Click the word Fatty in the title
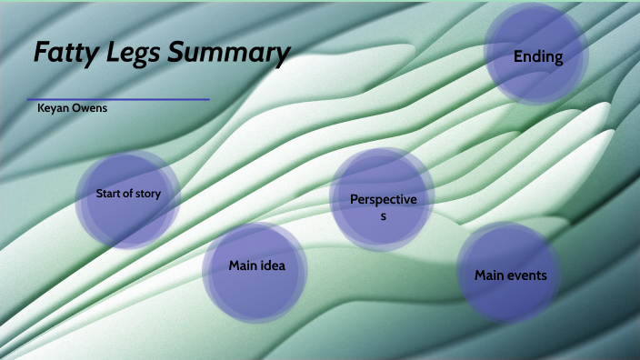tap(63, 54)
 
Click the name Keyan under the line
tap(51, 108)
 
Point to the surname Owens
tap(89, 108)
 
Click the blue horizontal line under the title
tap(118, 99)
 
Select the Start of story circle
tap(127, 195)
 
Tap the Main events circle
tap(510, 274)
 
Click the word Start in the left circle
tap(108, 194)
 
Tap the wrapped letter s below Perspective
tap(383, 217)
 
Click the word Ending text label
tap(538, 57)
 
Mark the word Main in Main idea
tap(241, 266)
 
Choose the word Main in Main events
tap(490, 275)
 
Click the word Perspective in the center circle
tap(383, 199)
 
